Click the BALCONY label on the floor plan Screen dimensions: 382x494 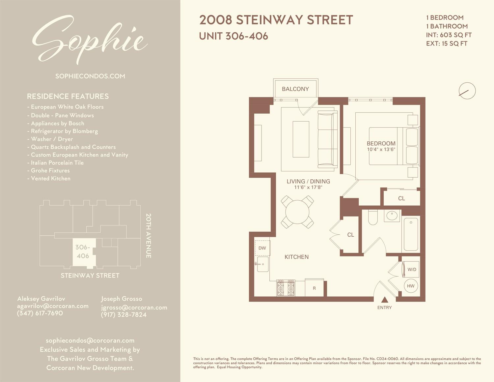pyautogui.click(x=295, y=89)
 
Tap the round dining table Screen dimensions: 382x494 pyautogui.click(x=297, y=212)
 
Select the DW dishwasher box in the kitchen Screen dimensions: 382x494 pyautogui.click(x=262, y=248)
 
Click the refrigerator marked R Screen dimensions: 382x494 pyautogui.click(x=314, y=288)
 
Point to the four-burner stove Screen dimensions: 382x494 pyautogui.click(x=286, y=288)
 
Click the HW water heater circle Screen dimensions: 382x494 pyautogui.click(x=411, y=286)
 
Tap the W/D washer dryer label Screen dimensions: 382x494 pyautogui.click(x=412, y=269)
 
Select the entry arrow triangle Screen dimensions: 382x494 pyautogui.click(x=384, y=300)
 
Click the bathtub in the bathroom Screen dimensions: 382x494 pyautogui.click(x=411, y=234)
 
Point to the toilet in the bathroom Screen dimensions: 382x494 pyautogui.click(x=373, y=218)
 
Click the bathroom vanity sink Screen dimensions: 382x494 pyautogui.click(x=392, y=216)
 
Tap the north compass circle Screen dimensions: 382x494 pyautogui.click(x=467, y=91)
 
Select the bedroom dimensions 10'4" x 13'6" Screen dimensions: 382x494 pyautogui.click(x=381, y=150)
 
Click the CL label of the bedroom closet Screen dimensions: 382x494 pyautogui.click(x=401, y=198)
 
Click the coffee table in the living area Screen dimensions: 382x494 pyautogui.click(x=301, y=139)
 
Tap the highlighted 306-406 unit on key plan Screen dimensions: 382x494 pyautogui.click(x=83, y=252)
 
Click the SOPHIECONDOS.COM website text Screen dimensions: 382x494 pyautogui.click(x=90, y=76)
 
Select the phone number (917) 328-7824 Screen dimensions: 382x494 pyautogui.click(x=123, y=315)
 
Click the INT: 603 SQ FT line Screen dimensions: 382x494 pyautogui.click(x=449, y=35)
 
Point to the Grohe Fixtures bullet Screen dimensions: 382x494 pyautogui.click(x=50, y=170)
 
